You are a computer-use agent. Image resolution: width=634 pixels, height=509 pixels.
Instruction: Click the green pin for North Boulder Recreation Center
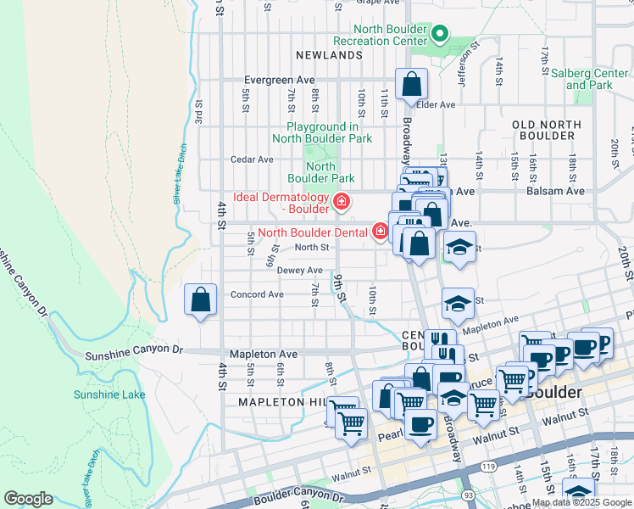pos(439,35)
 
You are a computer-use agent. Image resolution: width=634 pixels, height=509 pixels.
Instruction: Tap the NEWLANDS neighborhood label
pos(330,55)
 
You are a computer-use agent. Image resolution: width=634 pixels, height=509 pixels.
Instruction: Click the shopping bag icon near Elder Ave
pos(411,85)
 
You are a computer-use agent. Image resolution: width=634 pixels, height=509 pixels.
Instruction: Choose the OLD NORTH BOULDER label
pos(547,130)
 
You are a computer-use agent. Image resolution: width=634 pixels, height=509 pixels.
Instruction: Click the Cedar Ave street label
pos(252,159)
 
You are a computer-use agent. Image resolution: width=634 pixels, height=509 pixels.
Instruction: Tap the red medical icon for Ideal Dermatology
pos(342,201)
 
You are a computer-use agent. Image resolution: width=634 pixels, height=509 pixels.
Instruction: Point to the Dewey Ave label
pos(299,270)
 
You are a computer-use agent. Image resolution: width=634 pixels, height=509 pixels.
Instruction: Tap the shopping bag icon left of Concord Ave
pos(200,299)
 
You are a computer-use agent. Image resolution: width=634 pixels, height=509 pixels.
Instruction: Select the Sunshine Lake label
pos(97,394)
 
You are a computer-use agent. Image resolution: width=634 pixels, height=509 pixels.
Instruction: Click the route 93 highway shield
pos(468,493)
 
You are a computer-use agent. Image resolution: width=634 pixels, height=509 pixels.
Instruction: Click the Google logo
pos(29,498)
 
